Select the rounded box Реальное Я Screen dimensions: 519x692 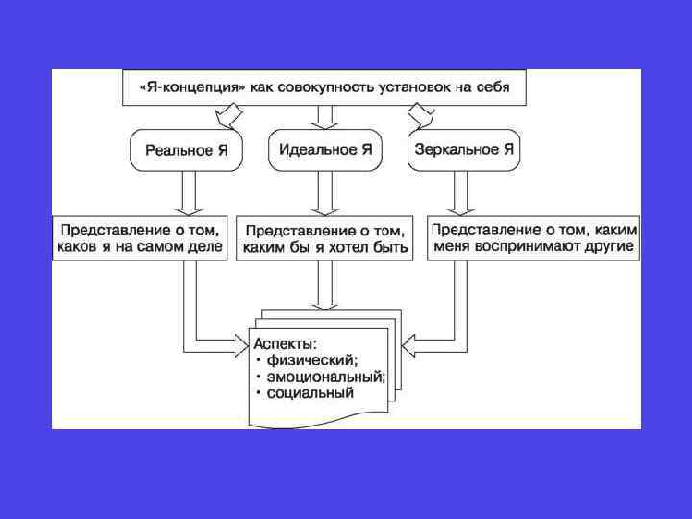(185, 150)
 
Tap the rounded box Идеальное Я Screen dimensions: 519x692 (325, 150)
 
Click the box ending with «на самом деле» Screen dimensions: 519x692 (139, 238)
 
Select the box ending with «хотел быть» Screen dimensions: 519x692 (325, 238)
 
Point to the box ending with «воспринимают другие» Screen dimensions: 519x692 (532, 238)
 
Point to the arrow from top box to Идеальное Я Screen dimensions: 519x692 (325, 117)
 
